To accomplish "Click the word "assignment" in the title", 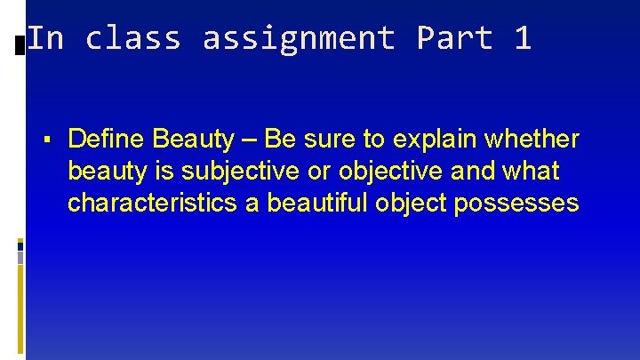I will click(x=299, y=38).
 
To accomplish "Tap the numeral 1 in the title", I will click(x=522, y=38).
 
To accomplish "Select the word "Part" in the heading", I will click(x=454, y=38).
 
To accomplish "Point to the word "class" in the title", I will click(x=133, y=38).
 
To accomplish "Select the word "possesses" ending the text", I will click(x=516, y=204).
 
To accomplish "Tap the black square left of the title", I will click(x=20, y=43).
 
